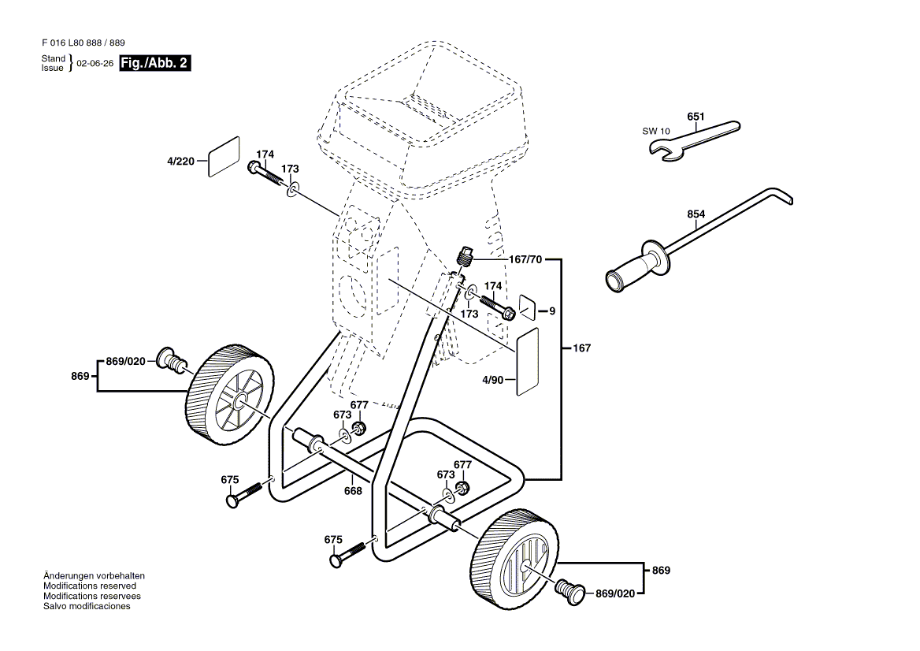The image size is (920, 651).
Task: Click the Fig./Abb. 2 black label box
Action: tap(155, 63)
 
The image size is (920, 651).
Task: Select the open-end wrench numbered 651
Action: tap(694, 141)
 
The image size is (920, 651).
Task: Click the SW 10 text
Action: tap(656, 131)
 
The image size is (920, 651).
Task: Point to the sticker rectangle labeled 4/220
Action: tap(224, 157)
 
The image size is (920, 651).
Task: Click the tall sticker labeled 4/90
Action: tap(527, 362)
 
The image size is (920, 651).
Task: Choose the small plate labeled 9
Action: tap(528, 307)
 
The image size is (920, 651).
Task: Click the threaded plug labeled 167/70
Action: tap(464, 256)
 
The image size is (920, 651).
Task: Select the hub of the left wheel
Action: tap(239, 403)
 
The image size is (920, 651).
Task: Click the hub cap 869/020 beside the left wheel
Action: tap(170, 359)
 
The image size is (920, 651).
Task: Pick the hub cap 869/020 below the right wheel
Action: tap(569, 590)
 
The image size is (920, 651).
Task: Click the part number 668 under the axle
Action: tap(353, 491)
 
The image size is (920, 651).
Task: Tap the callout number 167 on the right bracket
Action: tap(581, 348)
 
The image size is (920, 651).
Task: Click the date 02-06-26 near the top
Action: tap(95, 63)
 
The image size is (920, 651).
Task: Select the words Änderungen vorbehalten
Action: tap(94, 576)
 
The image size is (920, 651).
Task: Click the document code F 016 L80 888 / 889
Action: tap(83, 43)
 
